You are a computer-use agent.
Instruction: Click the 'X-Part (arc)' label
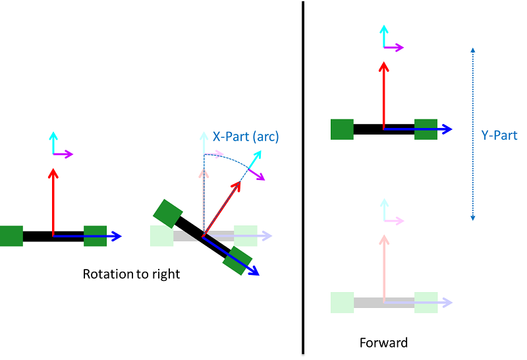[246, 137]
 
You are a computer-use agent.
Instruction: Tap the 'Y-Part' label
[499, 135]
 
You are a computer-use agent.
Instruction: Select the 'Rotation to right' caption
[131, 274]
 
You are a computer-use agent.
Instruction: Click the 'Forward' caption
[383, 343]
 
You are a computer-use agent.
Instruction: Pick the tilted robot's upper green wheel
[167, 214]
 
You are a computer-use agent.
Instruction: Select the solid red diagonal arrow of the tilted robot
[221, 207]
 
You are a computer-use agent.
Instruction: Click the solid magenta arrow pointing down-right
[256, 173]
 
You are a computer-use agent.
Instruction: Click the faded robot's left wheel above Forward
[343, 302]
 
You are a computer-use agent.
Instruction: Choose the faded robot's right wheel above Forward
[426, 302]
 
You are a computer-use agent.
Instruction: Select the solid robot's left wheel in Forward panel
[342, 129]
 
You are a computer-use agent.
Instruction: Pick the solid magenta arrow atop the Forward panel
[394, 47]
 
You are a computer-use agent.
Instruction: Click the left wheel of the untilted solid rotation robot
[11, 236]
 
